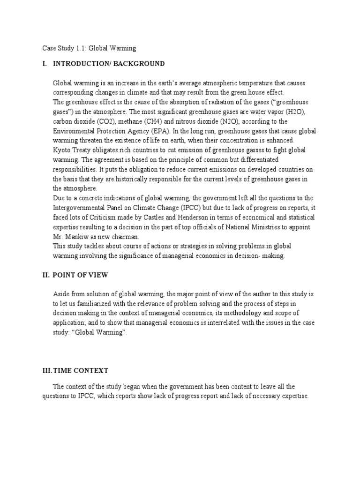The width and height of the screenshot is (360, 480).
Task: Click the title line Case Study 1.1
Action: pos(86,48)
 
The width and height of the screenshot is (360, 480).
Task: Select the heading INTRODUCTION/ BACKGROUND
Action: pos(109,63)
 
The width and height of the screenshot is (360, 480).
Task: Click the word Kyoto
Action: pos(62,150)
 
